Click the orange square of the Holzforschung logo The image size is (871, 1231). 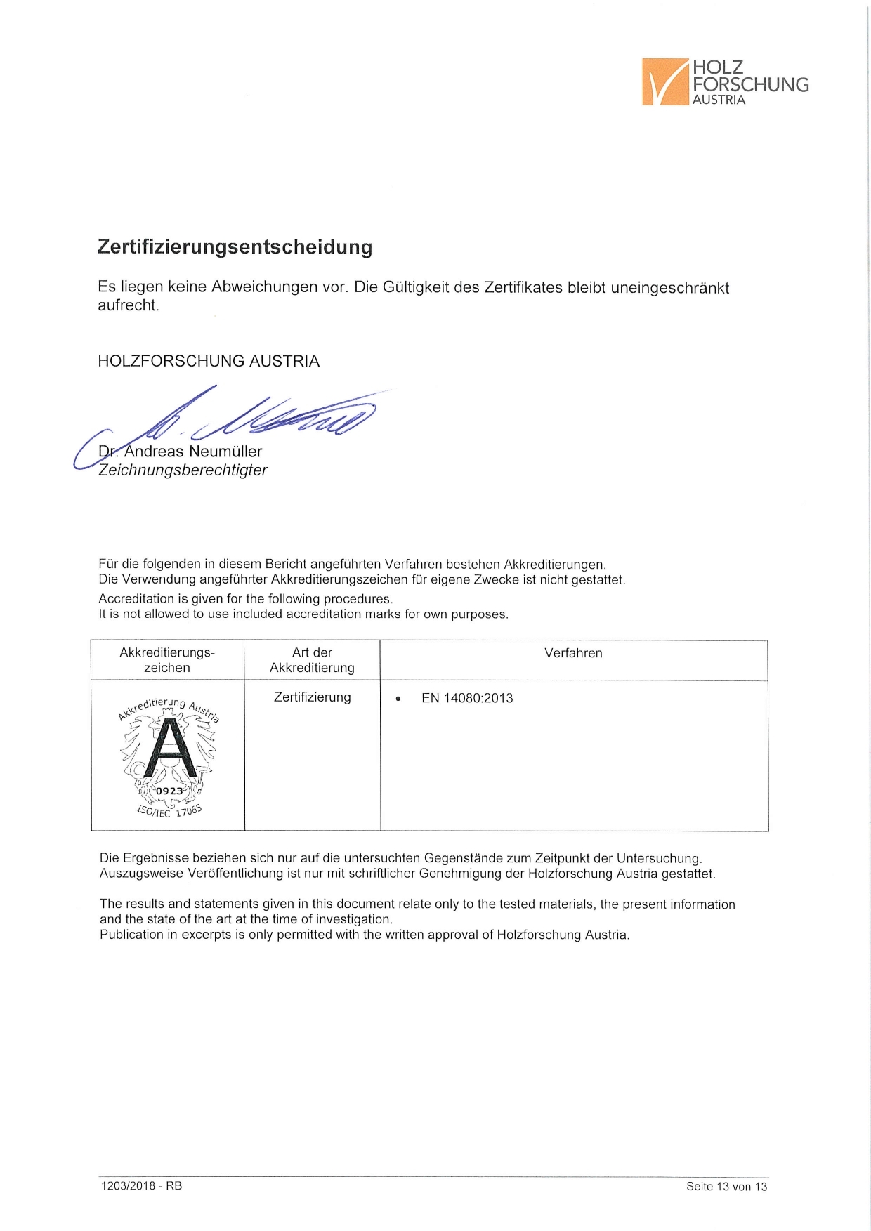coord(664,81)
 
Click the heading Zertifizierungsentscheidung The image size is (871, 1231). coord(235,247)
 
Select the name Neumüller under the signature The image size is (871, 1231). coord(225,452)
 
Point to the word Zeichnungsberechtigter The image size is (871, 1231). coord(183,470)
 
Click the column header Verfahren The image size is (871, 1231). coord(573,653)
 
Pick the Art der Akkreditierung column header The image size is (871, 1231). coord(312,660)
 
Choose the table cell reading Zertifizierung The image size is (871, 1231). coord(312,697)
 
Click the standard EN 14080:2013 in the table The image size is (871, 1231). coord(467,698)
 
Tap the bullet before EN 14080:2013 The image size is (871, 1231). coord(398,699)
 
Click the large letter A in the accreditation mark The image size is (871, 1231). coord(169,748)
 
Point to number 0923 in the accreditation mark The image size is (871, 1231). coord(169,791)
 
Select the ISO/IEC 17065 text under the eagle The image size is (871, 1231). coord(169,811)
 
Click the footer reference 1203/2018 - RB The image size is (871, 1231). coord(141,1186)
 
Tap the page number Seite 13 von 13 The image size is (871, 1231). coord(726,1187)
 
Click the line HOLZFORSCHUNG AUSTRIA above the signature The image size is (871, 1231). coord(209,362)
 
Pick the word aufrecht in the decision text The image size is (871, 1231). coord(128,305)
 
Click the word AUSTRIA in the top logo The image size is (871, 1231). coord(719,100)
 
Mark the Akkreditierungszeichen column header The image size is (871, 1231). coord(167,660)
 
